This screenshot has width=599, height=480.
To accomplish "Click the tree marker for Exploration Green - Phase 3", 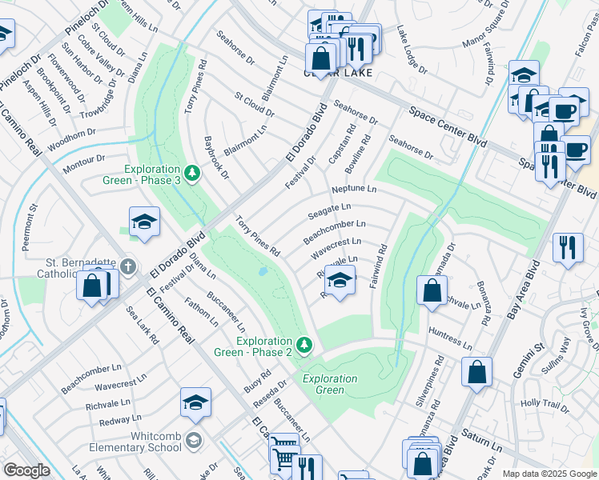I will (191, 173).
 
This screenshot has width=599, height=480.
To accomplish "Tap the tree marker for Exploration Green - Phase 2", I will (304, 345).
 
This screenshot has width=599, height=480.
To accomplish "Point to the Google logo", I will (26, 470).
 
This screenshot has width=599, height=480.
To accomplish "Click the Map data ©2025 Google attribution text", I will (549, 473).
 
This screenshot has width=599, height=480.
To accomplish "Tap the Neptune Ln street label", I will (353, 190).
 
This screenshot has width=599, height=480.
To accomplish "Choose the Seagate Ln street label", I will (329, 210).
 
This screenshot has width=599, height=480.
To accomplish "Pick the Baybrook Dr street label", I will (216, 157).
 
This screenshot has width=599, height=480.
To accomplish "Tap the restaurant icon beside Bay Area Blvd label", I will (569, 246).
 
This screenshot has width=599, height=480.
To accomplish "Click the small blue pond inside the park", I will (263, 272).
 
